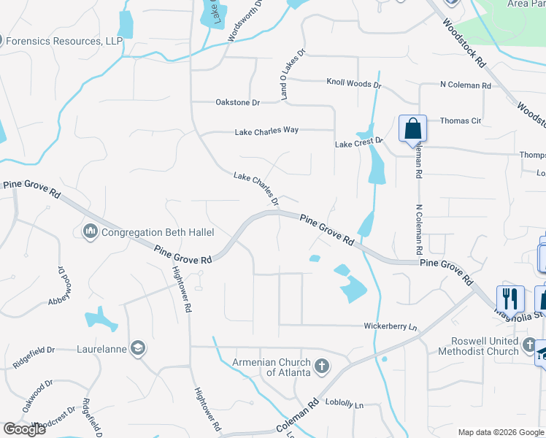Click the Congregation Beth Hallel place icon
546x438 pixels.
[x=91, y=231]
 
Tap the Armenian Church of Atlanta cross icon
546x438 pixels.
[x=322, y=365]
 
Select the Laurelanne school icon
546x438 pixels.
[x=136, y=348]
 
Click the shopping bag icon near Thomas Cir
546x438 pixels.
[x=412, y=128]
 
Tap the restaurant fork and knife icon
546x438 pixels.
[x=510, y=299]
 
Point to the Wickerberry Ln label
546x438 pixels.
[x=390, y=326]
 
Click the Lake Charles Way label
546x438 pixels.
[x=266, y=131]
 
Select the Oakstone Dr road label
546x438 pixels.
[x=238, y=103]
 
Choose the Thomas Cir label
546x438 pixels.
[x=460, y=120]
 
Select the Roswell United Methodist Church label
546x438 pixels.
[x=478, y=345]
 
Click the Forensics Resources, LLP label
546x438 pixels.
[x=64, y=41]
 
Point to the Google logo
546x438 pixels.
[x=24, y=429]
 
